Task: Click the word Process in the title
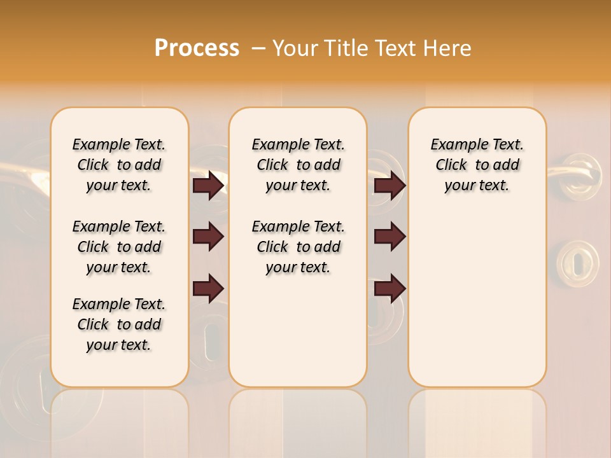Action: click(197, 48)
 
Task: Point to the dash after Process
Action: click(258, 48)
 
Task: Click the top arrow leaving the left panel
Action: click(209, 186)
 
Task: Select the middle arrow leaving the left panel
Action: click(209, 237)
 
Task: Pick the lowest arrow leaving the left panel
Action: click(209, 288)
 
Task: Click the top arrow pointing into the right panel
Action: click(390, 186)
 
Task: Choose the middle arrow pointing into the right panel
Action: click(390, 237)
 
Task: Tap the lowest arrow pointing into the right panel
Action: click(390, 288)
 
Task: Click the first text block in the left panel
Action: click(119, 165)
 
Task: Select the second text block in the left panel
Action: click(119, 247)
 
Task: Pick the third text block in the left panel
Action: click(119, 324)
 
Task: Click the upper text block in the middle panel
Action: click(298, 165)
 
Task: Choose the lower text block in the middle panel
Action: click(298, 247)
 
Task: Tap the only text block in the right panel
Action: click(477, 165)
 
